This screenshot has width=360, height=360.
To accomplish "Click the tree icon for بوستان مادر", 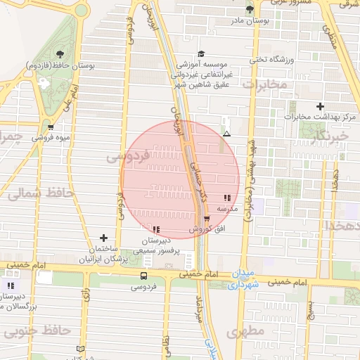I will point(250,8).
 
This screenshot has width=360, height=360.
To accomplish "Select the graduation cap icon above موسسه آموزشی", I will point(201,53).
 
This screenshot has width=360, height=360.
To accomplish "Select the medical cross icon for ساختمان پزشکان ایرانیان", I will point(104,238).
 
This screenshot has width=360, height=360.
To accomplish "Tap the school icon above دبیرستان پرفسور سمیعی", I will point(155,229).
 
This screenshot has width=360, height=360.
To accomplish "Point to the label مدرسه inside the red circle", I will point(226,209).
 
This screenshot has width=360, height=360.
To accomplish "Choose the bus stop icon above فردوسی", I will point(143,276).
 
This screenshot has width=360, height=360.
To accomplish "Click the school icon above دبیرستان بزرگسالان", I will point(10,285).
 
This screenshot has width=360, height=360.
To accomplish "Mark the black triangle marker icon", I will point(226,133).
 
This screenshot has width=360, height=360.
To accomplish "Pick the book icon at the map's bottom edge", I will point(79,349).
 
